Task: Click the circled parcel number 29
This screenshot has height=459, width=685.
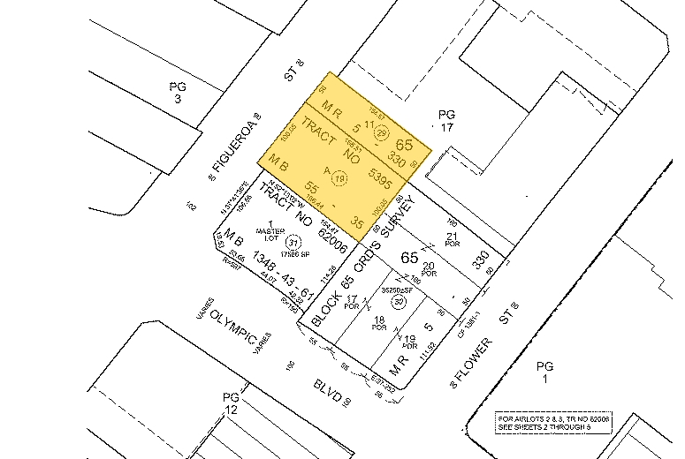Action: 382,133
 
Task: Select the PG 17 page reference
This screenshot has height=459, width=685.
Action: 445,121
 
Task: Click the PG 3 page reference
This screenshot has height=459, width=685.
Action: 176,93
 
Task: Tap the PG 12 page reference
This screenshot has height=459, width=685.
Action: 230,405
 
